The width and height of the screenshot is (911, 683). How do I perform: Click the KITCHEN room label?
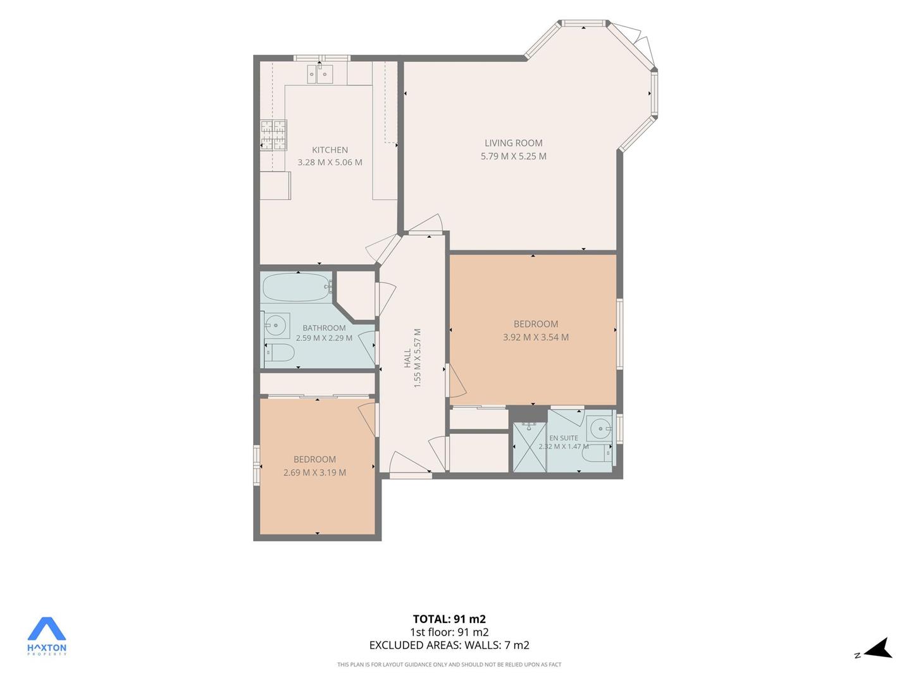coord(330,150)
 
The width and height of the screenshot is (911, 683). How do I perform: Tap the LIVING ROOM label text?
coord(514,143)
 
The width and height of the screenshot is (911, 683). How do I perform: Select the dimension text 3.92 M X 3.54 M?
coord(536,337)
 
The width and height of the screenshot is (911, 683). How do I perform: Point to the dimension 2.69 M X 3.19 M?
coord(314,472)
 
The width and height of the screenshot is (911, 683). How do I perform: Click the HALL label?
coord(407,358)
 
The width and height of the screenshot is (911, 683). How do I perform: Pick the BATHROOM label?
coord(324,328)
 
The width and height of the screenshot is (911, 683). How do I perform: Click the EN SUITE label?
coord(564,438)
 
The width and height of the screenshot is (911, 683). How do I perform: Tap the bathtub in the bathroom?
coord(297,287)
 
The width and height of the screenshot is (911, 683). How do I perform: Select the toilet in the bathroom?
coord(280,353)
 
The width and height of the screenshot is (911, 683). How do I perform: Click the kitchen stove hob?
coord(273,135)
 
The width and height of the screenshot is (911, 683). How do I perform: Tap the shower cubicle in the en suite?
coord(530,447)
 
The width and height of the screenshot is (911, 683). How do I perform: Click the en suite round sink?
coord(600,428)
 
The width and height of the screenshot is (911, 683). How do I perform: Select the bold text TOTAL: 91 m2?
coord(449,618)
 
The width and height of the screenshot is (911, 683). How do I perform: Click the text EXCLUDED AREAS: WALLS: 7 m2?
coord(449,645)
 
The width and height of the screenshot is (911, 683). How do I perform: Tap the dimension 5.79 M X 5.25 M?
coord(514,156)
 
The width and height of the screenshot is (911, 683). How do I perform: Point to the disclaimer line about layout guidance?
coord(449,665)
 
